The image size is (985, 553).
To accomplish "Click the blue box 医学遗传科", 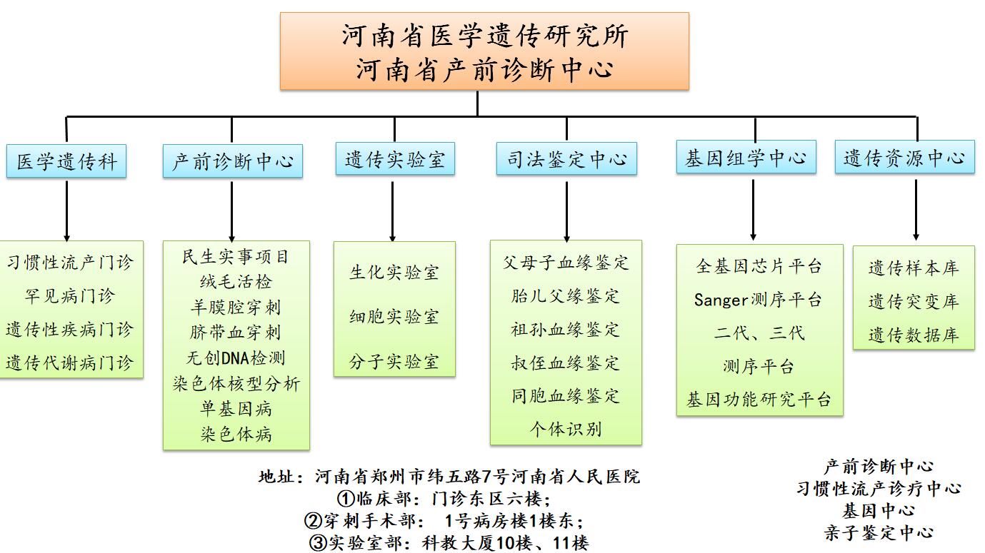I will [x=66, y=161].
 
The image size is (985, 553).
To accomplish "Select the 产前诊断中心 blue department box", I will [x=232, y=161].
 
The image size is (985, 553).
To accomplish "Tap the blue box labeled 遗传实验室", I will [x=395, y=158].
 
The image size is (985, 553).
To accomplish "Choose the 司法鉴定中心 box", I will [x=566, y=158].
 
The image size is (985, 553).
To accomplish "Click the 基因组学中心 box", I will [x=746, y=157].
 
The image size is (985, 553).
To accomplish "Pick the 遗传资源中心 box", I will [x=904, y=157].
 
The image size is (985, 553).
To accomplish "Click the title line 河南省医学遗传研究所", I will [x=484, y=36].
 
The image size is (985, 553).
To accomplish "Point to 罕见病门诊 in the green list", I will [x=69, y=296].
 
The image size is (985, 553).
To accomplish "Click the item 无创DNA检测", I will [x=236, y=357].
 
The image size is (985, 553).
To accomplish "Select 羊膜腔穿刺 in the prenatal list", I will [x=236, y=307].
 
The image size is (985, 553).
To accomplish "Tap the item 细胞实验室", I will [x=394, y=317].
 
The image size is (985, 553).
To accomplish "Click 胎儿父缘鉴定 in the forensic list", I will [x=566, y=296].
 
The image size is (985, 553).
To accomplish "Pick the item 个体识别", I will [x=566, y=429].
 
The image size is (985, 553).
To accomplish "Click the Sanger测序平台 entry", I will [x=759, y=300].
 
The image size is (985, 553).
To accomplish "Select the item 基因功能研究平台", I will [x=759, y=399].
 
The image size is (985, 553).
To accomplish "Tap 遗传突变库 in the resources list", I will [x=913, y=302].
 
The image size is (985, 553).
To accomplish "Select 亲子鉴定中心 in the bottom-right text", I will [x=879, y=532].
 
